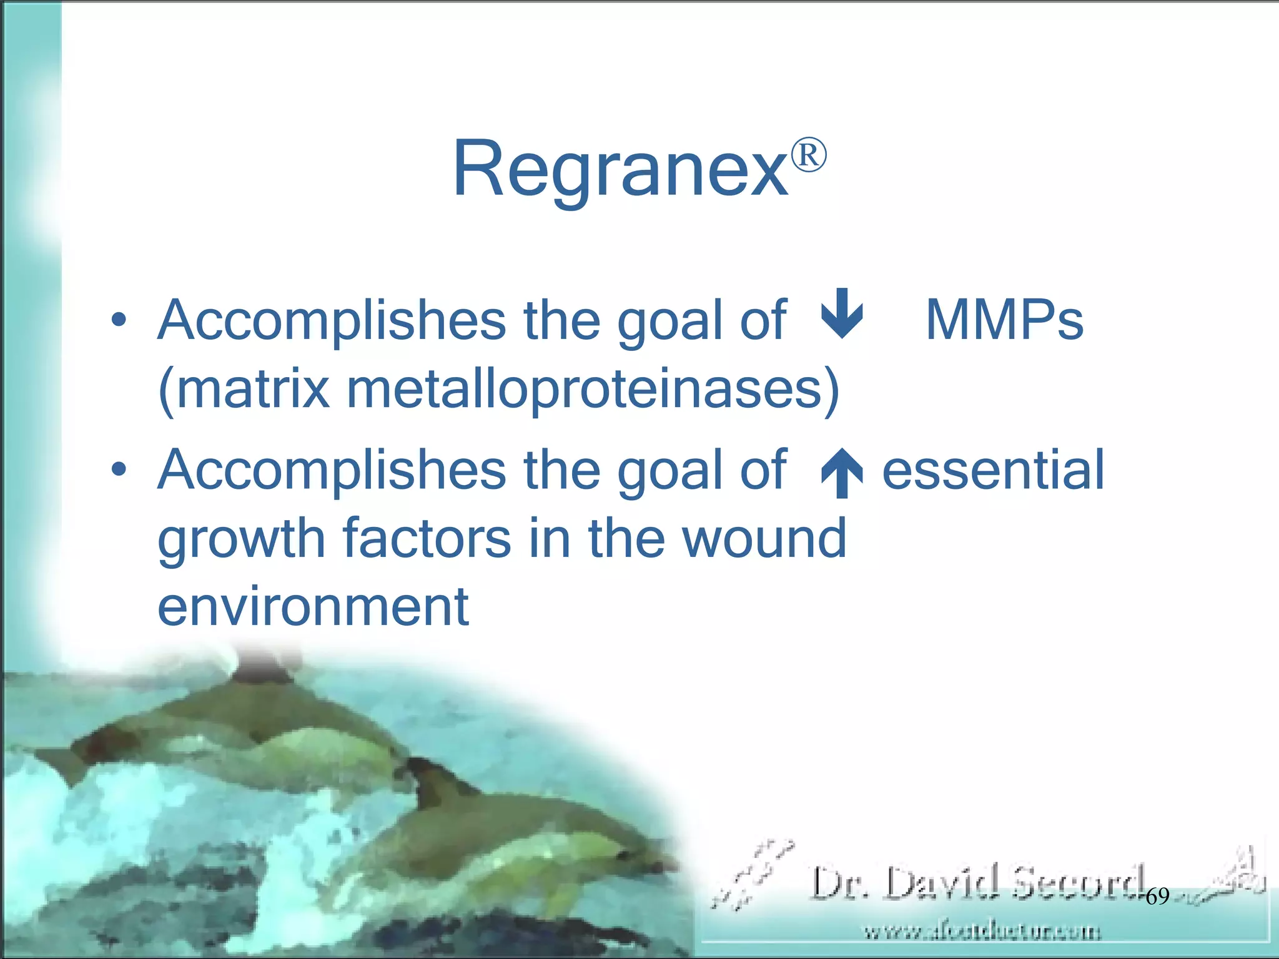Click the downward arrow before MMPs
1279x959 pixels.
pos(842,313)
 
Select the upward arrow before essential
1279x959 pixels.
pos(842,473)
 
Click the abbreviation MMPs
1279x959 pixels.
pos(1004,320)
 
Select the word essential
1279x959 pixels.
pos(993,470)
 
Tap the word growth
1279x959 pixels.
pos(241,539)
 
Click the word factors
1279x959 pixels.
pos(427,538)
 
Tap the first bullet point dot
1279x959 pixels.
pos(119,321)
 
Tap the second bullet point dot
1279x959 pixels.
pos(119,470)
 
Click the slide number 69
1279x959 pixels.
pos(1157,897)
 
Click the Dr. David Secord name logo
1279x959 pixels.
pos(977,882)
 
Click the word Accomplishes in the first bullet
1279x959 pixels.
pos(331,320)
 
